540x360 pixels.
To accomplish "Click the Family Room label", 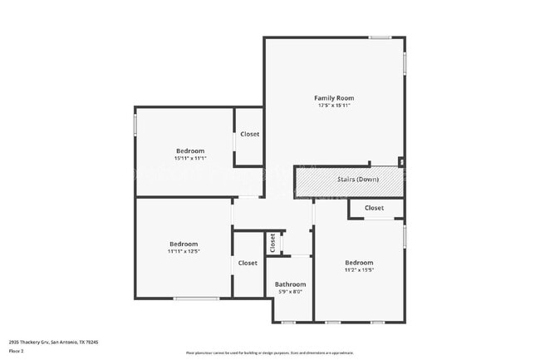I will click(333, 98).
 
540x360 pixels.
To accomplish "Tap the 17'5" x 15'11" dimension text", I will click(333, 106).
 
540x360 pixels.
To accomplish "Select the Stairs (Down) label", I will click(358, 180).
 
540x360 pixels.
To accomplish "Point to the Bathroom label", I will click(289, 284).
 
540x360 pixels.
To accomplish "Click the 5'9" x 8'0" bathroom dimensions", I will click(289, 292).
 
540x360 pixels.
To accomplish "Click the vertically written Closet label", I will click(272, 242).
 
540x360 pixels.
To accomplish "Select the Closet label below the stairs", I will click(374, 208).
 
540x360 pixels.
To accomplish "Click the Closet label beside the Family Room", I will click(249, 134).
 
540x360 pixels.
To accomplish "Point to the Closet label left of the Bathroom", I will click(248, 263).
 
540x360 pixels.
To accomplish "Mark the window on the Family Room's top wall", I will click(380, 37).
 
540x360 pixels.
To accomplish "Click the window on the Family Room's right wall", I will click(405, 64).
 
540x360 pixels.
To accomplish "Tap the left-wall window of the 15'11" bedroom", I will click(135, 124).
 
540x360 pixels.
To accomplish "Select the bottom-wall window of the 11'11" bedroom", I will click(196, 298).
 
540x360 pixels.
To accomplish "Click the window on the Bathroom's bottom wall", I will click(288, 322).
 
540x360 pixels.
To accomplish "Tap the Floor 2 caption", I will click(17, 352).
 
